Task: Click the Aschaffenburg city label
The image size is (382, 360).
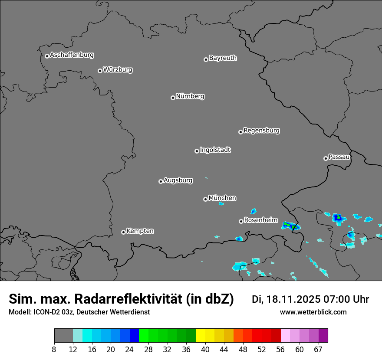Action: [72, 55]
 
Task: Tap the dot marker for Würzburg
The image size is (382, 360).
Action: [100, 71]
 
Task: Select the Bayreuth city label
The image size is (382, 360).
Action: [223, 58]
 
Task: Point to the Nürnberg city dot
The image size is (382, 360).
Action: [173, 98]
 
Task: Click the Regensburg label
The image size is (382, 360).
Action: [261, 131]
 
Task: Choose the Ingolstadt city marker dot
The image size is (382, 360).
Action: [197, 151]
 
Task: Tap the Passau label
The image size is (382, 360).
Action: [339, 157]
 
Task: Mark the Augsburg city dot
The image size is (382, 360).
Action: [161, 181]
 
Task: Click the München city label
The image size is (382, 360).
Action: [222, 198]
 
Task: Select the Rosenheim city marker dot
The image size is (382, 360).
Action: [241, 221]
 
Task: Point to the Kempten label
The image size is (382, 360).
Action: [140, 231]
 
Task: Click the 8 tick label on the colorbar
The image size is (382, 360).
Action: [54, 350]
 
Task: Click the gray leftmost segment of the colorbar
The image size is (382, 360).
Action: [63, 336]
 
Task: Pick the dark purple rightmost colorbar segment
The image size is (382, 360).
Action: [323, 336]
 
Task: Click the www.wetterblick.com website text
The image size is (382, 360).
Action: [313, 312]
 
